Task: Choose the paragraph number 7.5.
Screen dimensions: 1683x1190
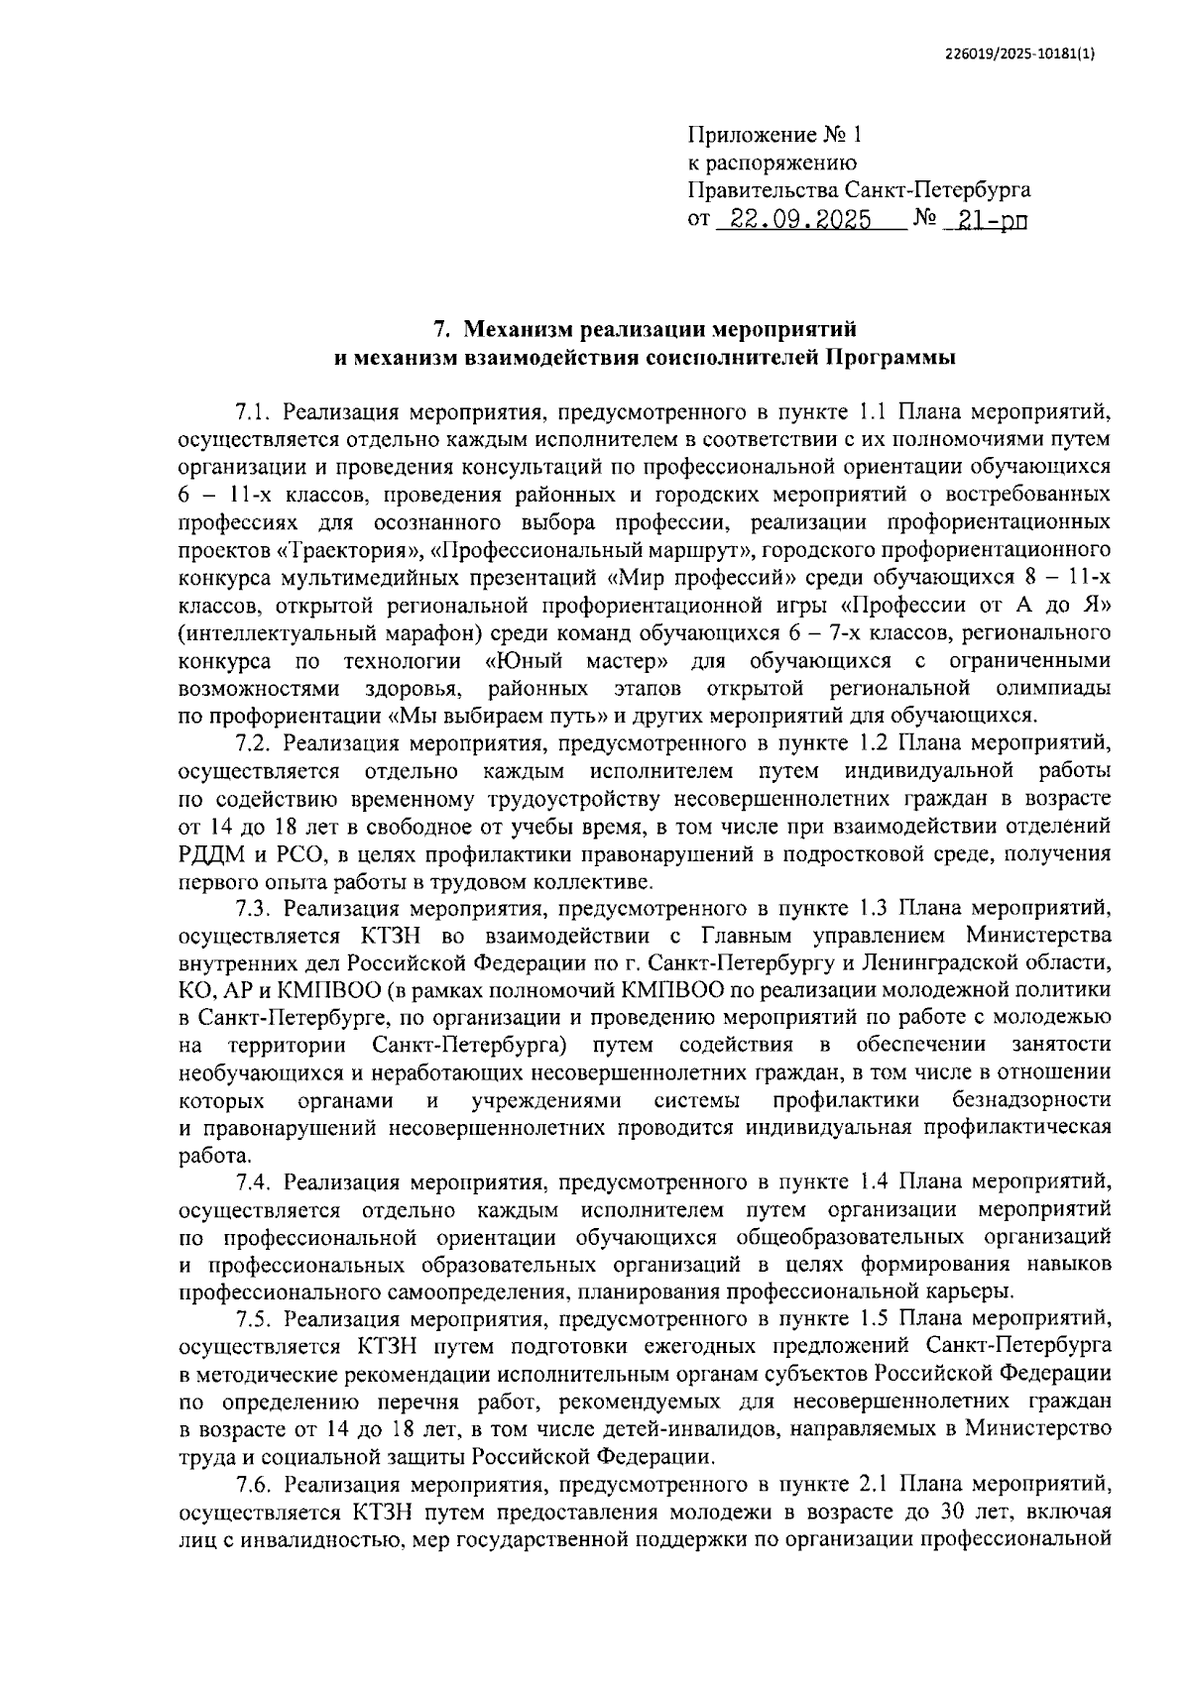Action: [253, 1318]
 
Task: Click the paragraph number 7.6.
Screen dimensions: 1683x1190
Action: [253, 1484]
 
